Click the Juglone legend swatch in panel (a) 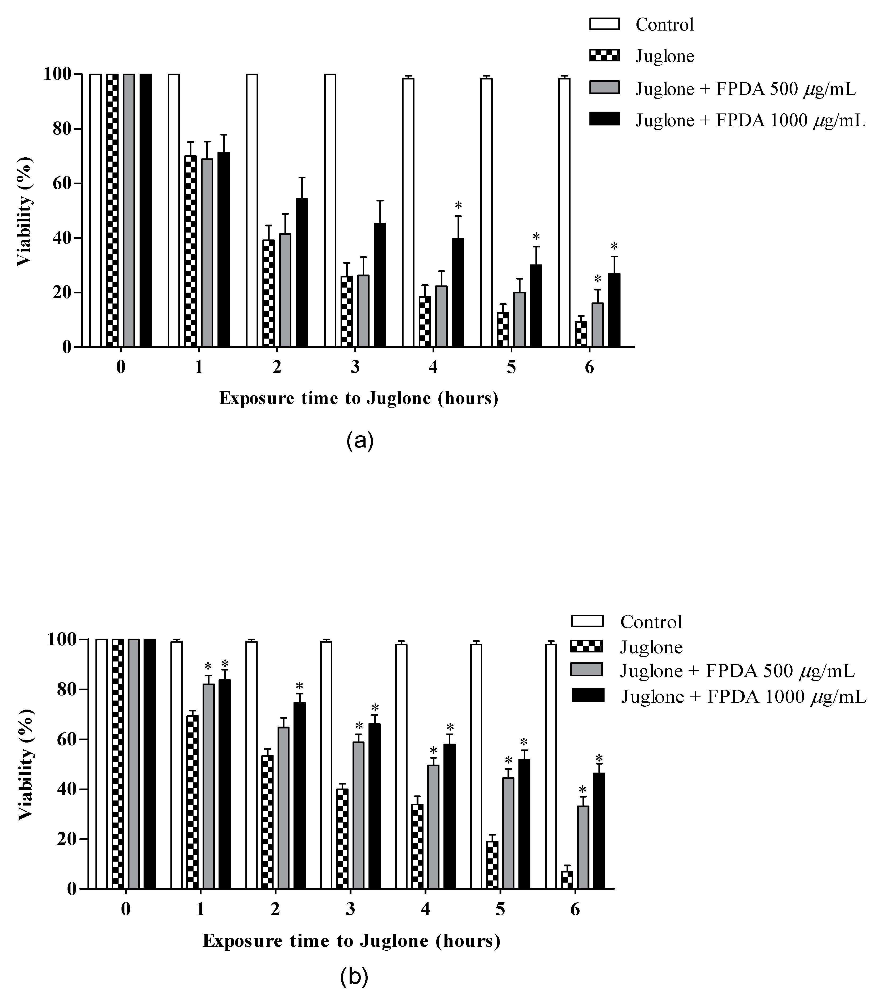(x=604, y=56)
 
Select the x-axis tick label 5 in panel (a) (x=511, y=368)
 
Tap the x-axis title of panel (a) (x=359, y=398)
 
